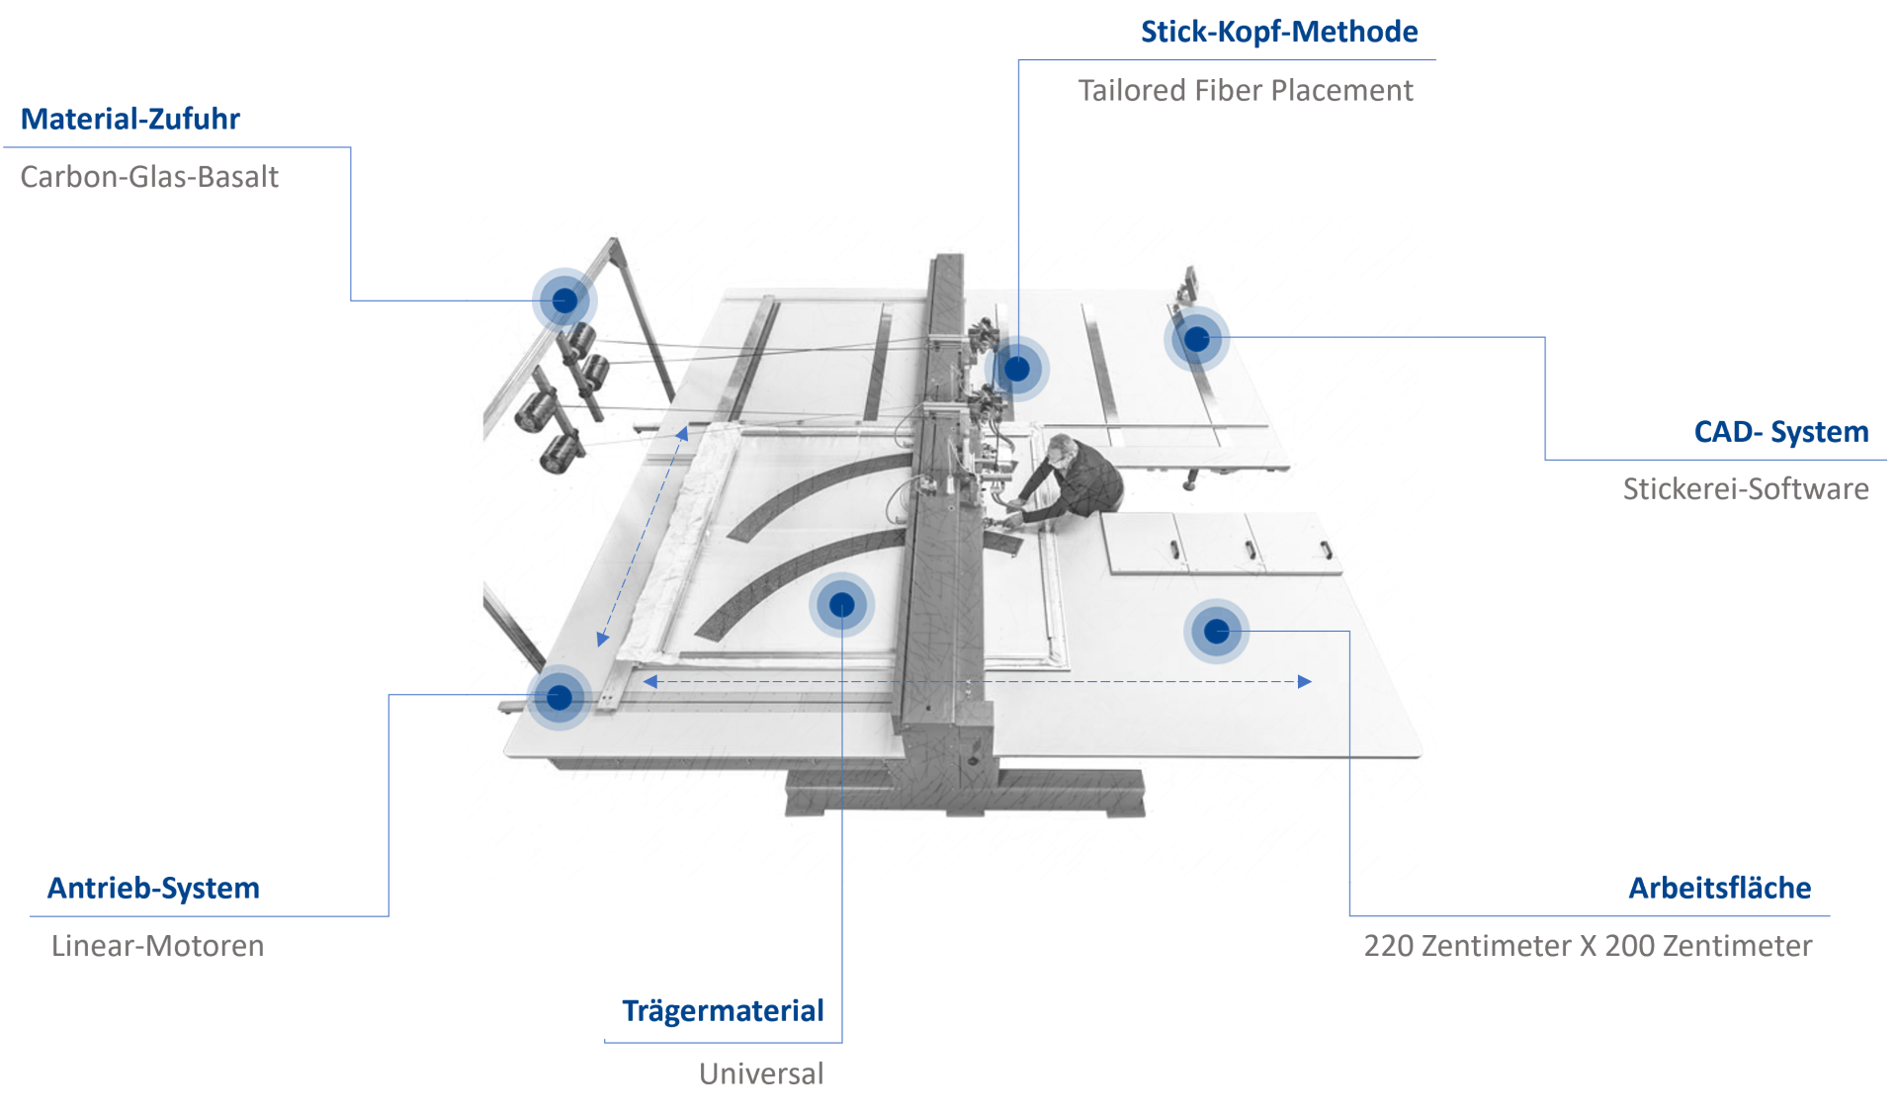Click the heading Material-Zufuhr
130,119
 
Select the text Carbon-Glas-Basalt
149,176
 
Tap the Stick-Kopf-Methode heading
1279,32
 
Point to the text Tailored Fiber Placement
1246,90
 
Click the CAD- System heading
1781,432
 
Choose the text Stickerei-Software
1746,488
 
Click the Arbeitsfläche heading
1720,888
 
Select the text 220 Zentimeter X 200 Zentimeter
1588,945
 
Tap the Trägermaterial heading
723,1010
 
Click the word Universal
761,1073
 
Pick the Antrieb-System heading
153,888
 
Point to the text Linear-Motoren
157,945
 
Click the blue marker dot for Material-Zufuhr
564,300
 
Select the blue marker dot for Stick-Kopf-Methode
1017,369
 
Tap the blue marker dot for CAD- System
1197,339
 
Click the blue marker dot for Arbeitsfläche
1217,631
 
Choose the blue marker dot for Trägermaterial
841,604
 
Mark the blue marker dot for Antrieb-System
560,698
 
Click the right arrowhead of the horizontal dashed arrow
1305,681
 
